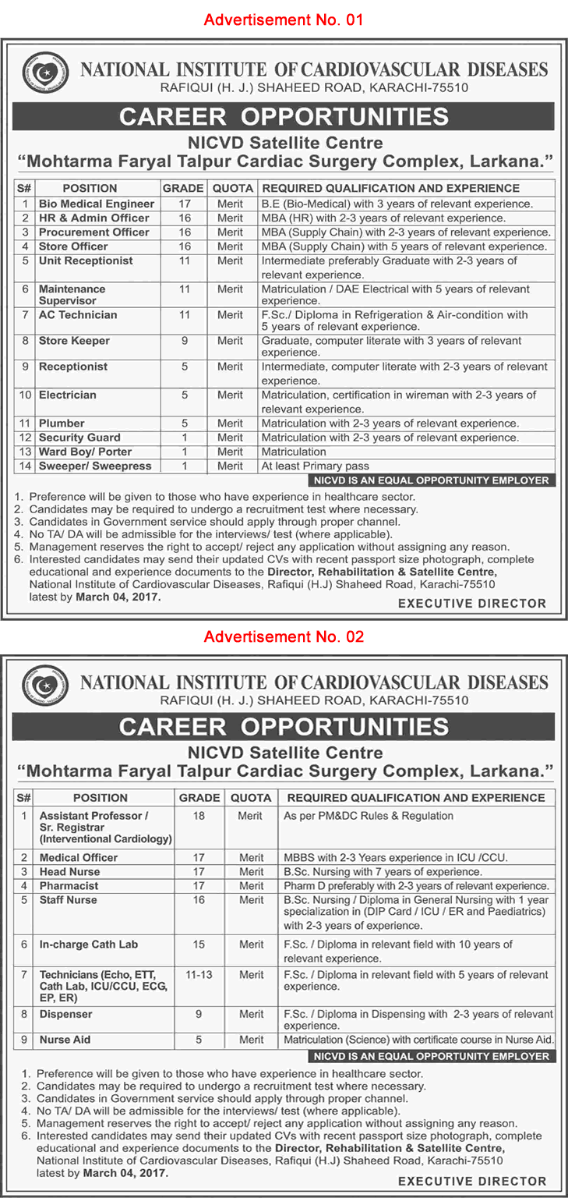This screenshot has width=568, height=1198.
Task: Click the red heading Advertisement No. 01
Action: [x=284, y=19]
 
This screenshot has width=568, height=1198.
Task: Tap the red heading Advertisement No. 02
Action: [x=284, y=637]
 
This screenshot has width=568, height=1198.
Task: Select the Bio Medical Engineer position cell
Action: [x=97, y=204]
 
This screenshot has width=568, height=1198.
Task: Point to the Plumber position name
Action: [x=62, y=424]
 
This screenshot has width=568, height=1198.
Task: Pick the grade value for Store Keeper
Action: [x=185, y=341]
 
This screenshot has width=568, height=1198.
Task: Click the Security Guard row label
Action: [x=79, y=438]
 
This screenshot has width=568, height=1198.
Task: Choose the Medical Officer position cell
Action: [x=79, y=857]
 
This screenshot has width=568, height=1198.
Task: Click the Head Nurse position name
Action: [x=70, y=871]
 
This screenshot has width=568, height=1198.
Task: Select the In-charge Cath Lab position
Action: [x=89, y=945]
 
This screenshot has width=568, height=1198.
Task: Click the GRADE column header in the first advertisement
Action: [x=183, y=188]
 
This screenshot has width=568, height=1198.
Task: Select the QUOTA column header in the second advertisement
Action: [x=251, y=798]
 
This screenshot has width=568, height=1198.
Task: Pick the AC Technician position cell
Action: [x=78, y=315]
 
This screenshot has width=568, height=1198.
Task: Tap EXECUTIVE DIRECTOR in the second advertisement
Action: [x=472, y=1181]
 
